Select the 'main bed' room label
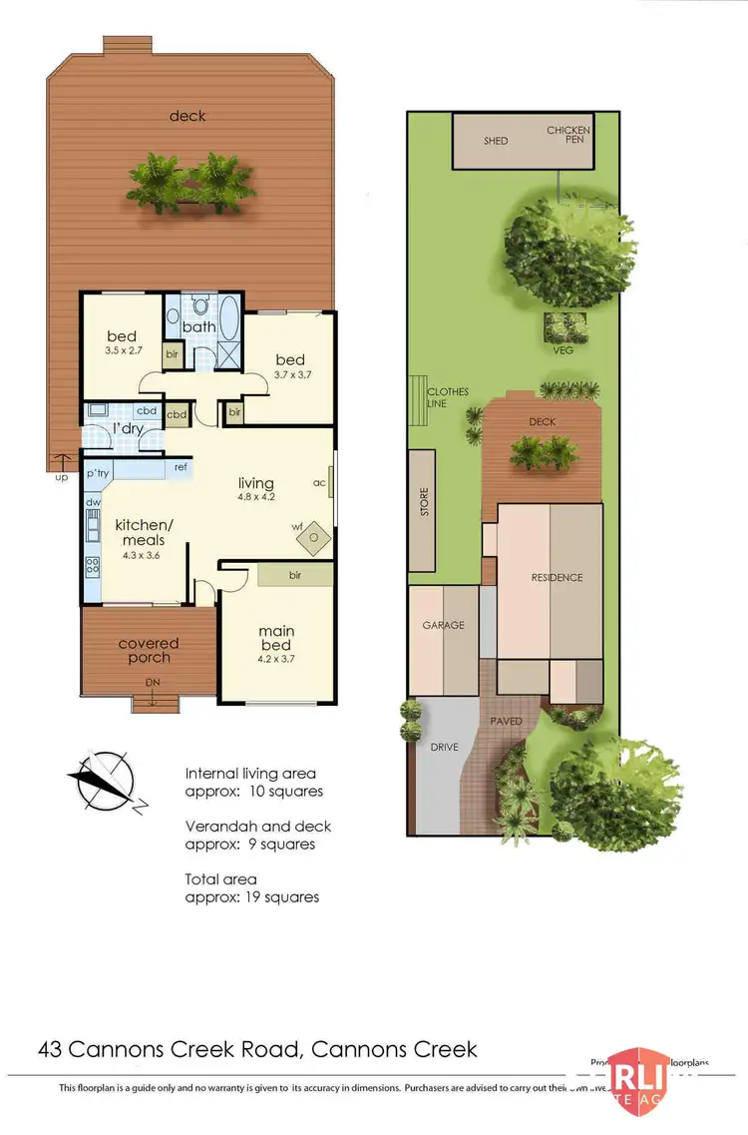(276, 639)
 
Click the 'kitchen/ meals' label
(145, 532)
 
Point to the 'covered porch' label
(148, 650)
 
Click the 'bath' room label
(198, 326)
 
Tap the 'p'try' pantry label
(97, 472)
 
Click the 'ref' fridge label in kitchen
(182, 466)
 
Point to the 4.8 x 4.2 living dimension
(255, 497)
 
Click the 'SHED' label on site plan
(496, 141)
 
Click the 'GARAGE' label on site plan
(443, 625)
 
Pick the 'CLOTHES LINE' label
(447, 397)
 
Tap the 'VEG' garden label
(564, 350)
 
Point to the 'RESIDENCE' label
(557, 577)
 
